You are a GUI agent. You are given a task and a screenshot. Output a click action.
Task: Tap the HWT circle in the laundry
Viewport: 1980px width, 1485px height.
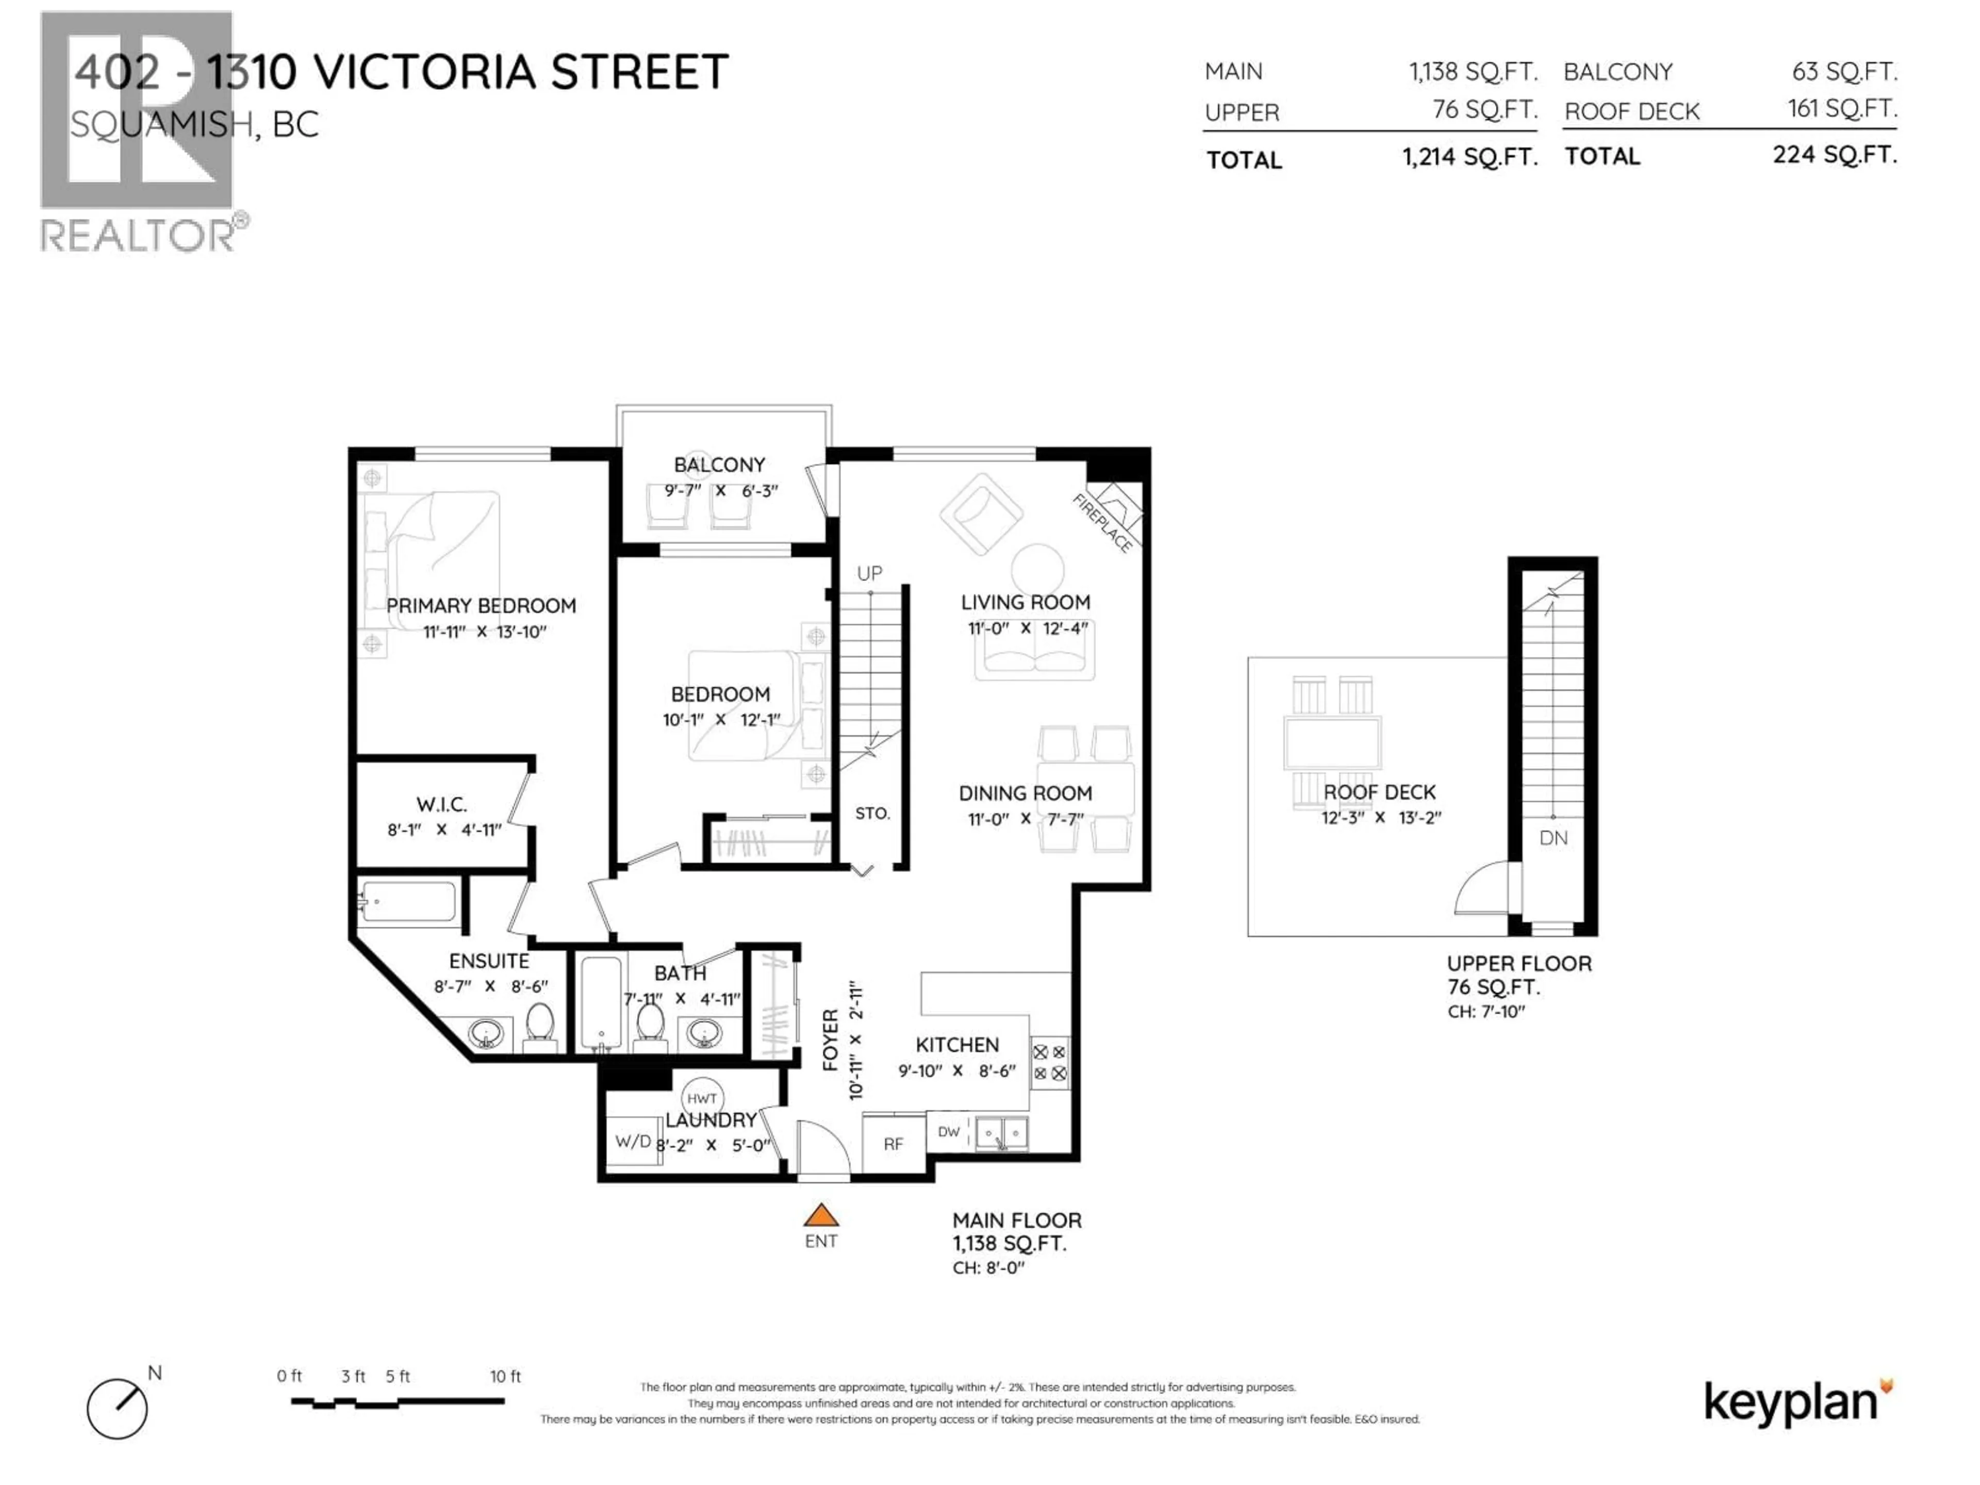(x=702, y=1098)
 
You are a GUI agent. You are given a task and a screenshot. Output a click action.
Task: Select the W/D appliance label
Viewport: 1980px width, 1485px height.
(x=632, y=1141)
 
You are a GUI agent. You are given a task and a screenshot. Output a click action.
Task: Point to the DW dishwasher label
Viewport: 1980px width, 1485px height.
(x=949, y=1131)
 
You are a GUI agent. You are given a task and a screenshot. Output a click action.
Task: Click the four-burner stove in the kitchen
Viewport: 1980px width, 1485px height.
(x=1049, y=1063)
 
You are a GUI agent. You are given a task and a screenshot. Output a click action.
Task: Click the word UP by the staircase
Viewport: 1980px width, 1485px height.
(x=869, y=573)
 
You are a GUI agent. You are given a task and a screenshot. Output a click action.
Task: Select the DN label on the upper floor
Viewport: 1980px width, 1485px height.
(x=1553, y=838)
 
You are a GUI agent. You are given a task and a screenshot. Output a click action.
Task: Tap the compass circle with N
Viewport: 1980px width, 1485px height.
(x=117, y=1408)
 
